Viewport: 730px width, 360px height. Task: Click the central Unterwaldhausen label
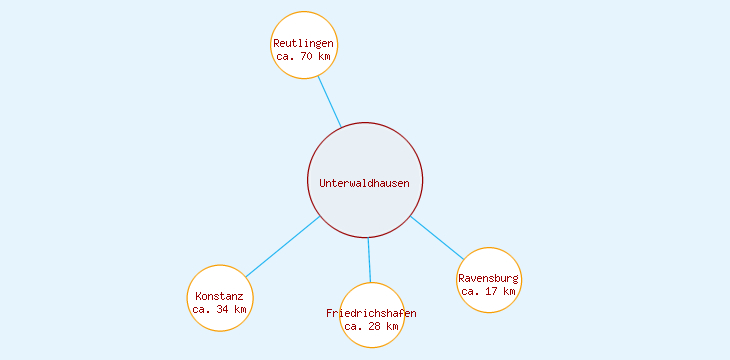(364, 183)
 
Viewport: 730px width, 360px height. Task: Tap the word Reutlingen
(304, 44)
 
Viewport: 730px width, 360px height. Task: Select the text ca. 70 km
(304, 57)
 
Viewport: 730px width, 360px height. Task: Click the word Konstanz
(219, 296)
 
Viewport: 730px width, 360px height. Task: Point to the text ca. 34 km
(219, 309)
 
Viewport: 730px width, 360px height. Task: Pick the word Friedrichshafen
(371, 313)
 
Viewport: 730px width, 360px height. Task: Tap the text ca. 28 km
(371, 326)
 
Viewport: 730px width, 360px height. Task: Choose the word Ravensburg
(489, 278)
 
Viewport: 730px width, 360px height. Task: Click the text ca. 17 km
(489, 291)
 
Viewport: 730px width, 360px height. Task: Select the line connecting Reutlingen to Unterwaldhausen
(330, 102)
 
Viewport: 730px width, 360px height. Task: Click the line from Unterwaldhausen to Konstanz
(283, 246)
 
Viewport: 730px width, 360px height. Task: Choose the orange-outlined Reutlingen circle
(304, 28)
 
